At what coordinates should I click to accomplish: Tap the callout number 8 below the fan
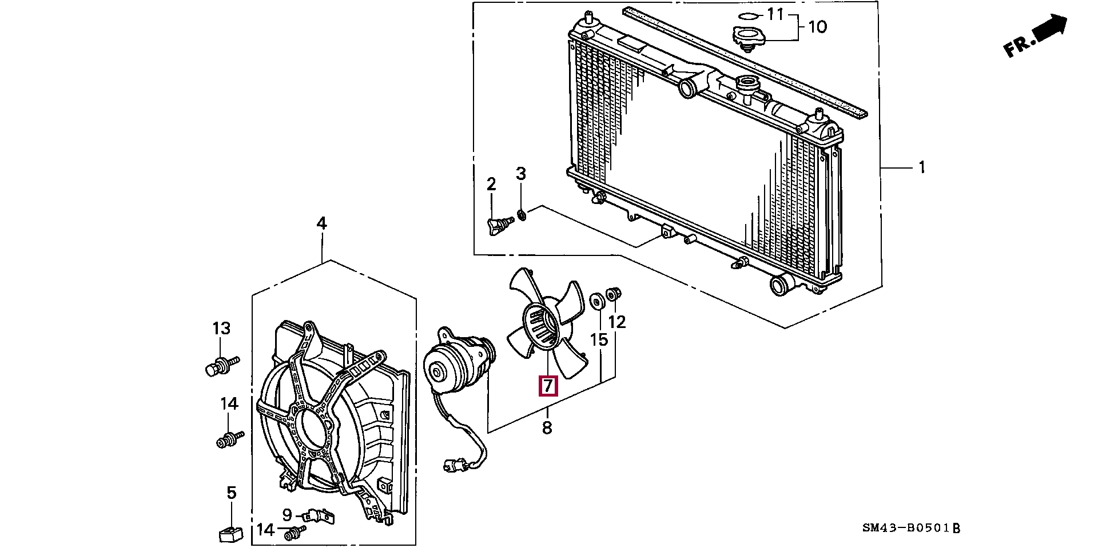coord(547,427)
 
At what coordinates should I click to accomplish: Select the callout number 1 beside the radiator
coord(921,167)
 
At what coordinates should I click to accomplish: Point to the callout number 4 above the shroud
coord(321,223)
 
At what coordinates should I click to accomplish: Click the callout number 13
coord(221,329)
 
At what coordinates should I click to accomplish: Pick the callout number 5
coord(231,493)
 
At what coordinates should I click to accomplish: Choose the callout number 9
coord(287,514)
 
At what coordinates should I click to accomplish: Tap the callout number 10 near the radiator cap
coord(818,26)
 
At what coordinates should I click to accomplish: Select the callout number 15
coord(599,340)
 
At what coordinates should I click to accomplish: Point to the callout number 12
coord(617,322)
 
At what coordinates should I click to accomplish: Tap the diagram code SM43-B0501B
coord(911,528)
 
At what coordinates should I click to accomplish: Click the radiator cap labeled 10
coord(746,38)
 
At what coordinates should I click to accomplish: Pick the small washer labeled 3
coord(522,215)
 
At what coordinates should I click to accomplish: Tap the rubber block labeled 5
coord(230,535)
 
